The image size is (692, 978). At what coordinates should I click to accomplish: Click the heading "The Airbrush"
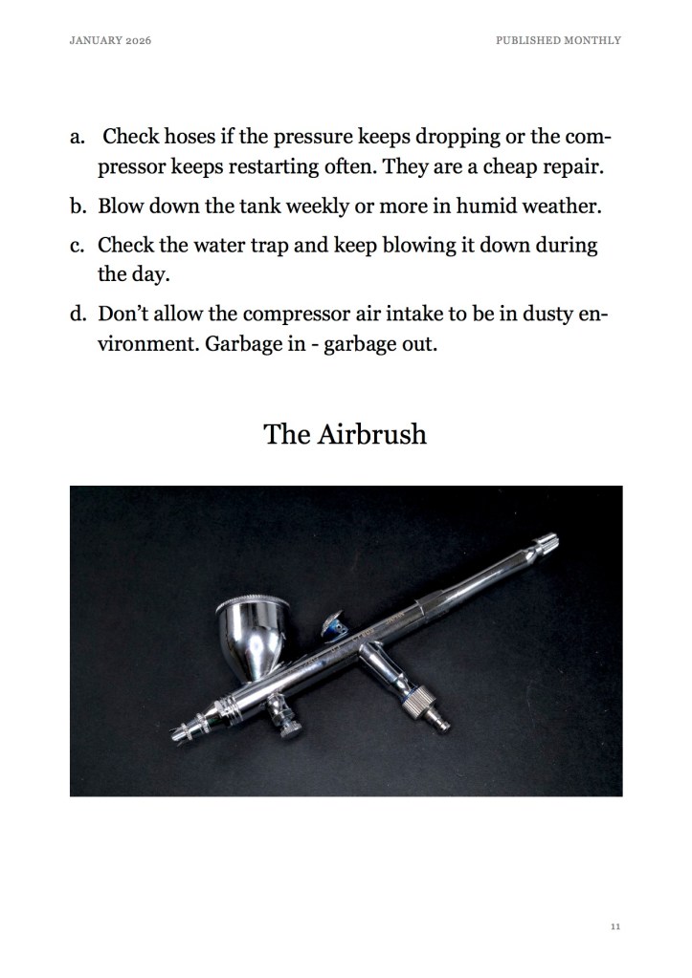(x=345, y=434)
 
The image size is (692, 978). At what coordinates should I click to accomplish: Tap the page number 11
(x=614, y=926)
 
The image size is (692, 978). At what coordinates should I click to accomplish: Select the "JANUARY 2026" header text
(x=111, y=40)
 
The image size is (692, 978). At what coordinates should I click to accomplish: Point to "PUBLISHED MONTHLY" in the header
(x=558, y=40)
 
